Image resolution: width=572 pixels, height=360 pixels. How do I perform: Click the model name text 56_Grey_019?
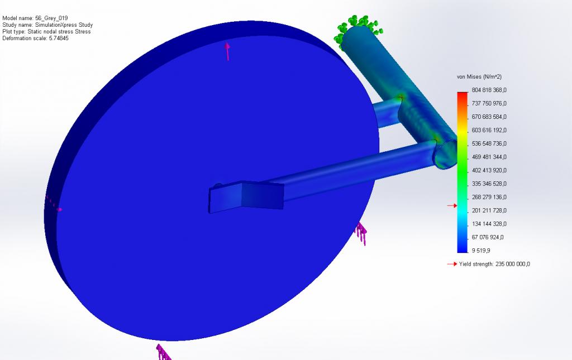click(x=51, y=18)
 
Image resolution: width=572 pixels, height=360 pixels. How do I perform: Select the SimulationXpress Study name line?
click(x=47, y=25)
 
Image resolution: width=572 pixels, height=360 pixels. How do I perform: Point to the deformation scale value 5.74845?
click(x=59, y=39)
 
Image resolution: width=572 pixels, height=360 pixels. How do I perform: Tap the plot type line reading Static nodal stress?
click(x=46, y=32)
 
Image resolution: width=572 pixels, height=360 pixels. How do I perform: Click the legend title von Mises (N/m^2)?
click(x=479, y=77)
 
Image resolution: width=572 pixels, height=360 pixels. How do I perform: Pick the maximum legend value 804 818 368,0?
click(x=489, y=90)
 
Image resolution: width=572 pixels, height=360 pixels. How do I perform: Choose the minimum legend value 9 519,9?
click(x=481, y=250)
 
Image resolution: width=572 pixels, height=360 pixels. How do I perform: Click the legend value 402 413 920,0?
click(x=489, y=170)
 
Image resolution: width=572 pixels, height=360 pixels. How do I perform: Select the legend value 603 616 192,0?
click(x=489, y=130)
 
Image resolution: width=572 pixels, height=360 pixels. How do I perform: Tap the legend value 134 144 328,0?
click(x=489, y=224)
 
